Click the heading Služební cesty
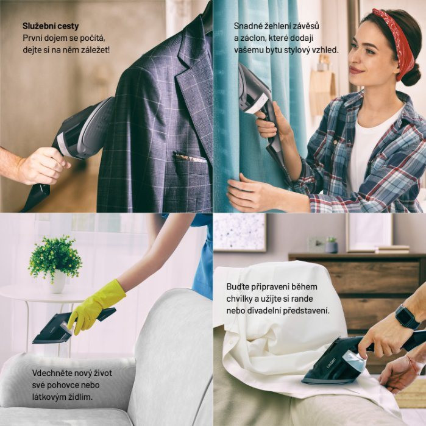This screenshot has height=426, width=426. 51,26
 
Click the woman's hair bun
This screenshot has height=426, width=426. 411,74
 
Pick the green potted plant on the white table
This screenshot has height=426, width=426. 55,258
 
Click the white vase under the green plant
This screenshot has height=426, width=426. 57,283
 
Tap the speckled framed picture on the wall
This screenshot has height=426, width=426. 240,232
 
